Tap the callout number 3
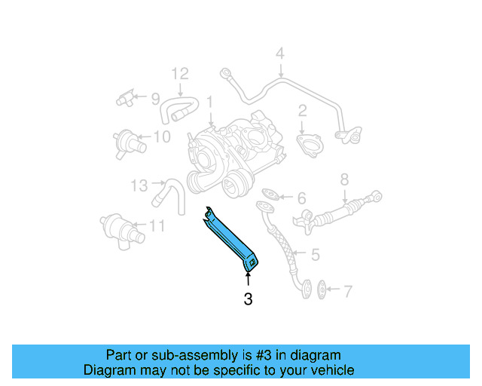click(248, 299)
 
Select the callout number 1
click(210, 100)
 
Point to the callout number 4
click(279, 54)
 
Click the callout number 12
click(178, 74)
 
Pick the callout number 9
click(155, 98)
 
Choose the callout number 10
click(162, 136)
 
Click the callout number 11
click(156, 225)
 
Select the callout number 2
click(302, 112)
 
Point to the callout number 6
click(301, 198)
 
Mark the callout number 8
click(344, 179)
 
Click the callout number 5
click(315, 256)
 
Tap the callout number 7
click(347, 290)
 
